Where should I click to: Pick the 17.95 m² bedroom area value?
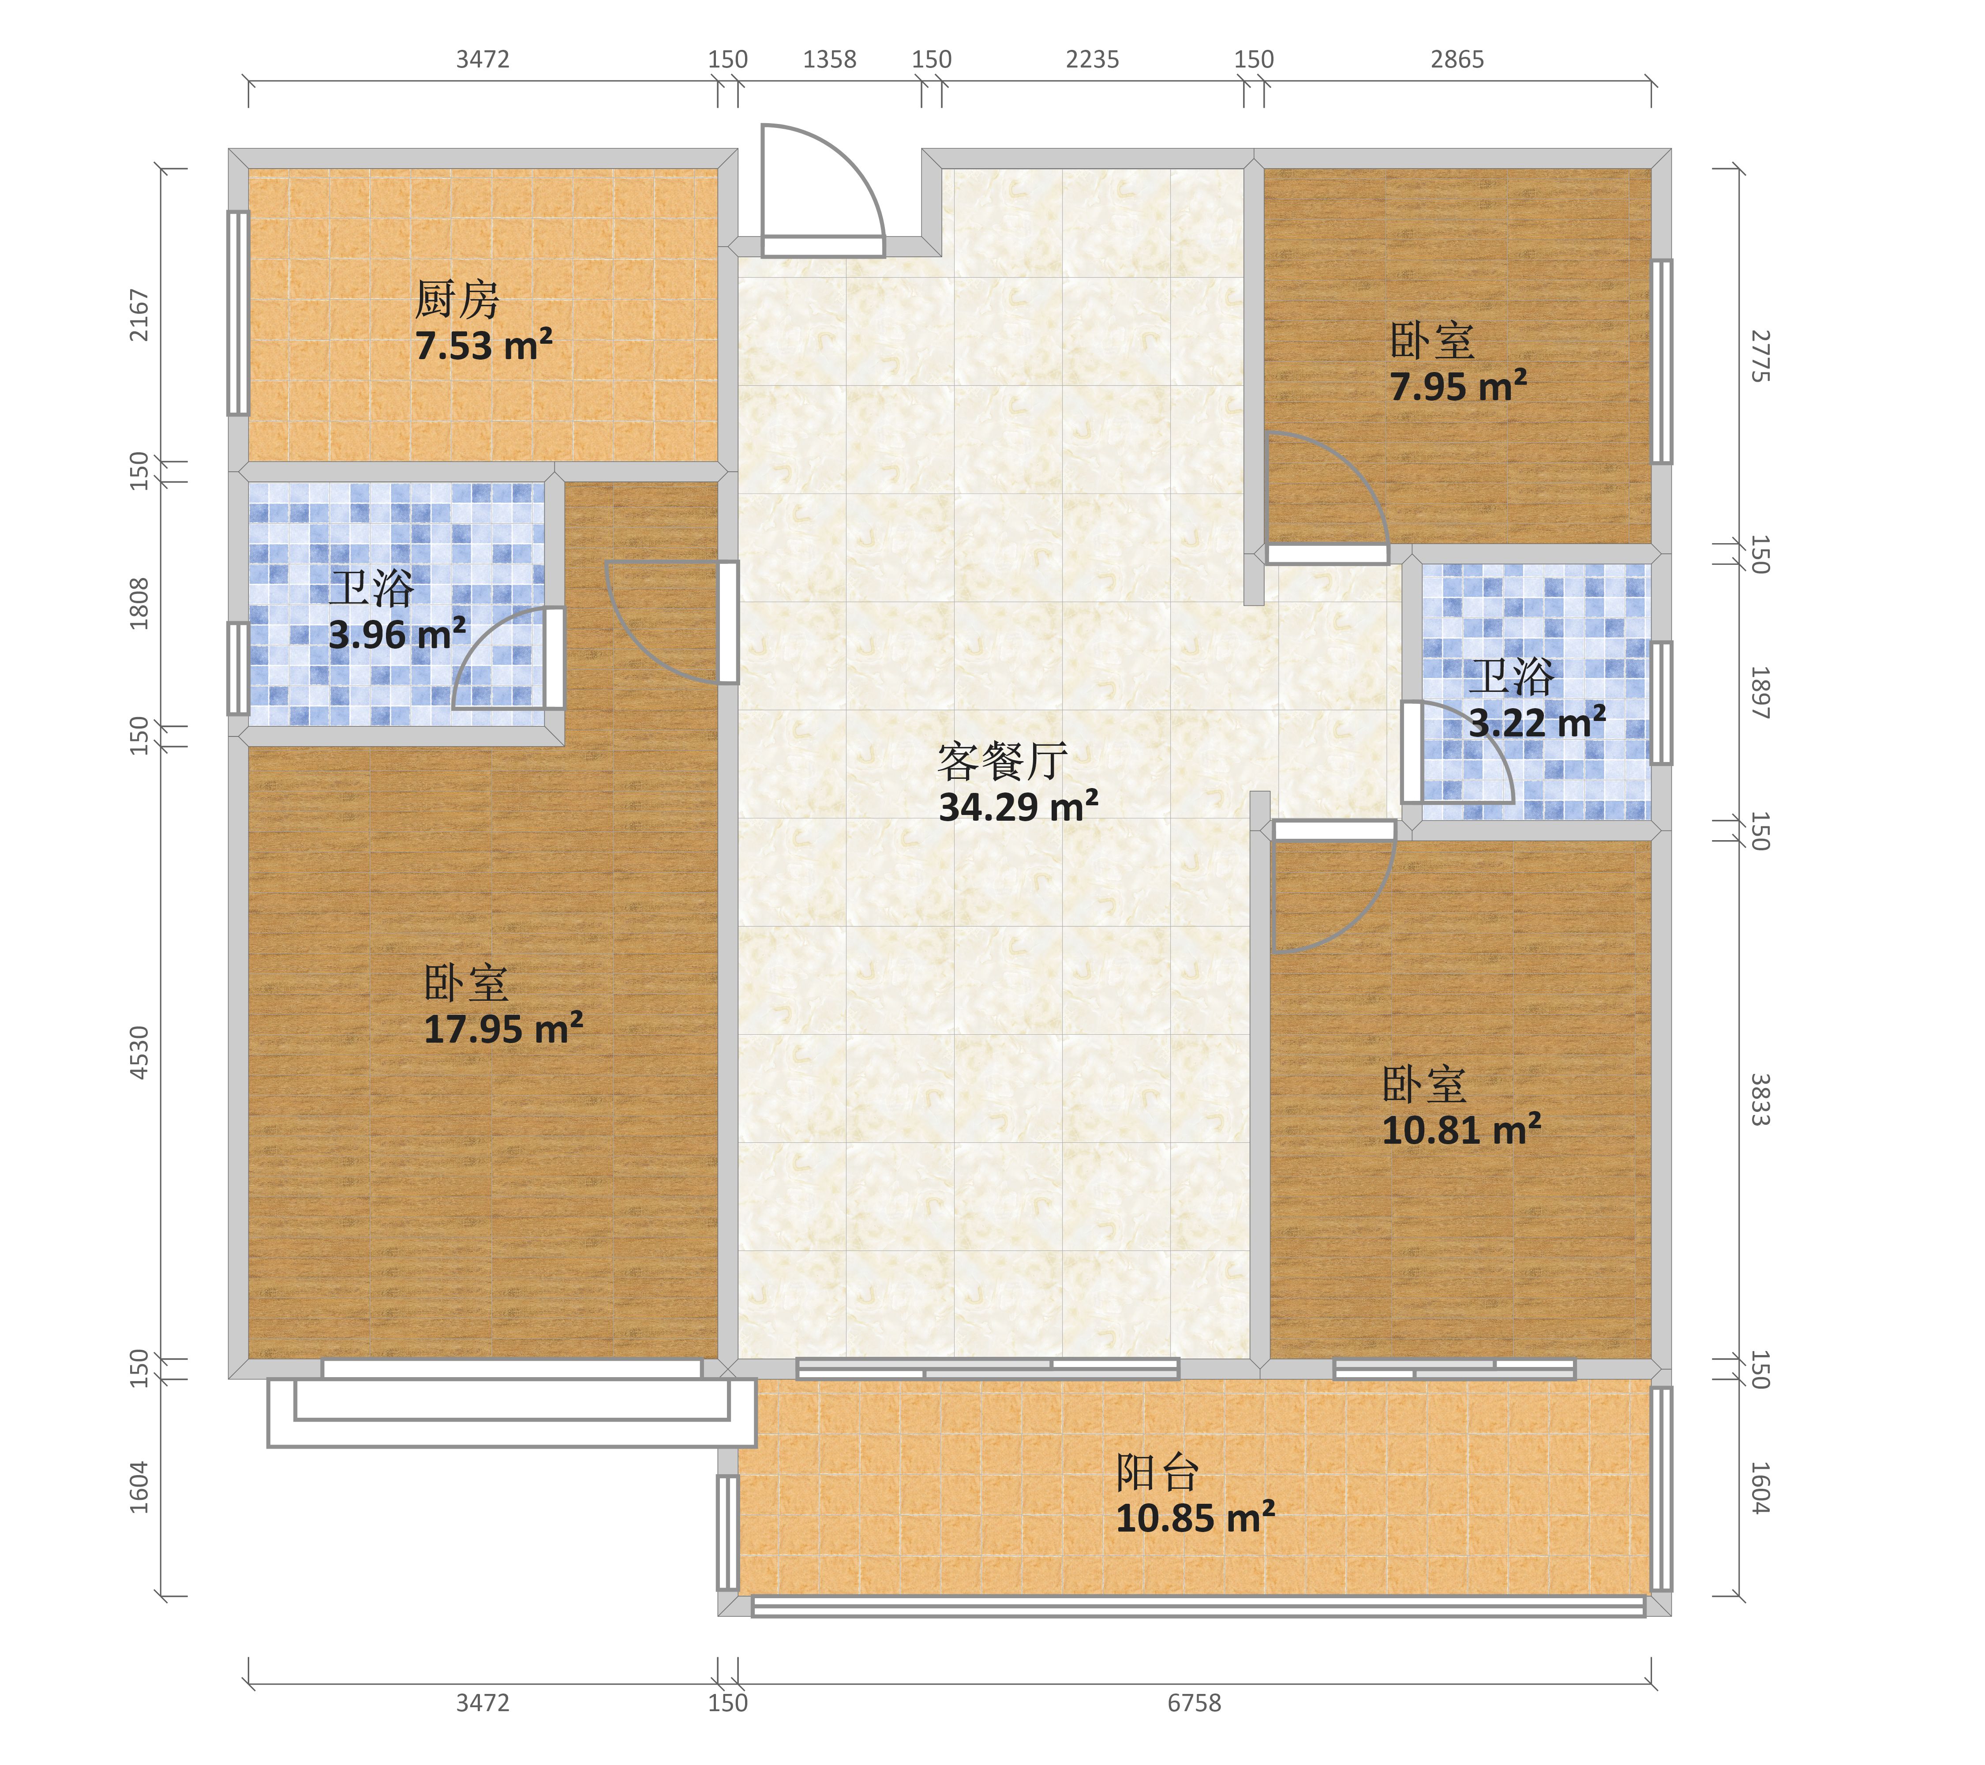(503, 1028)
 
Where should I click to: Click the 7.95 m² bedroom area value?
(1459, 386)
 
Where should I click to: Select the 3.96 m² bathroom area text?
(397, 635)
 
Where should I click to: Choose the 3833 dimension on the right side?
(1760, 1100)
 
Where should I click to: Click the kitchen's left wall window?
(238, 313)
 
